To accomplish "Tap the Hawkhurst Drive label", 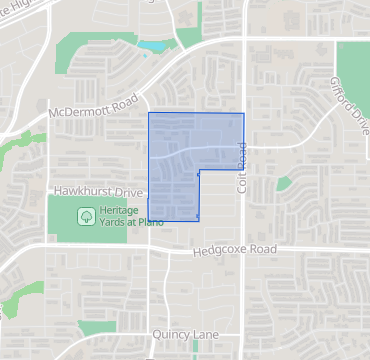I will (x=92, y=189).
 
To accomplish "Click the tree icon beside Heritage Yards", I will (x=87, y=214).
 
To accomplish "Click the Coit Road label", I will (x=241, y=167).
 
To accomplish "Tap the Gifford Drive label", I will (x=349, y=101).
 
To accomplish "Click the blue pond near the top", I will (x=154, y=46).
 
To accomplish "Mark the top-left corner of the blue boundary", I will (x=149, y=113).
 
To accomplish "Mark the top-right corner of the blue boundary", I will (x=244, y=113).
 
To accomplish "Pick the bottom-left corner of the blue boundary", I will (x=149, y=220).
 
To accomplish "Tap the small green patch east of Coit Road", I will (x=285, y=183).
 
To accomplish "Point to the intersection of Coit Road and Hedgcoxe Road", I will (x=244, y=249).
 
